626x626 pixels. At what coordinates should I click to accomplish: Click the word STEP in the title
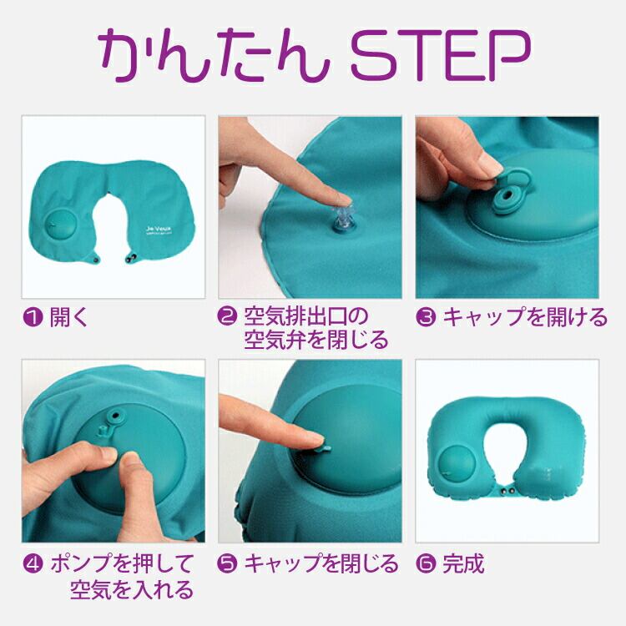coord(441,55)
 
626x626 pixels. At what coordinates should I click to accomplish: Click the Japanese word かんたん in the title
coord(214,55)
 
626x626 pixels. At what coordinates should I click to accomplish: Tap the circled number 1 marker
coord(33,318)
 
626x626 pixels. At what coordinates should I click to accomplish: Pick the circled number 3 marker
coord(426,318)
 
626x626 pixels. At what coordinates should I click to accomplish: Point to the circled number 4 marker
coord(33,564)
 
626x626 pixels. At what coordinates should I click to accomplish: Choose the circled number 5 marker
coord(227,563)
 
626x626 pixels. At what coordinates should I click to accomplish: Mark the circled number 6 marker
coord(426,563)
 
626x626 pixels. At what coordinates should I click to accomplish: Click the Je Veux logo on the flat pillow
coord(158,230)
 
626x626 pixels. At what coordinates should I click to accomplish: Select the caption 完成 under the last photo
coord(463,563)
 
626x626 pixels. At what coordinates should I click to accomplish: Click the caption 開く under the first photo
coord(68,318)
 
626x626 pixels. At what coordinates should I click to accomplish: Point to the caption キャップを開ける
coord(525,318)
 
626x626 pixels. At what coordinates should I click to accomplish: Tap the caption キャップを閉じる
coord(321,563)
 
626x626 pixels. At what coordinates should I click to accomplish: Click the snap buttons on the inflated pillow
coord(507,491)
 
